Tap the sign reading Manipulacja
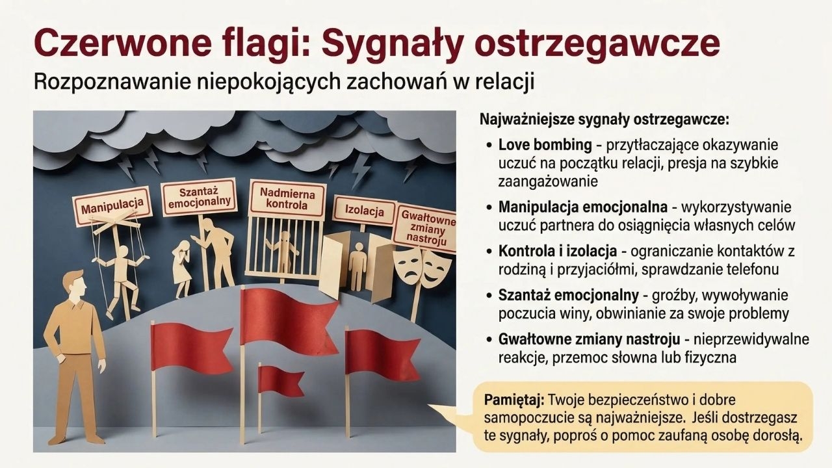tap(112, 207)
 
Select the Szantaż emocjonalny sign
tap(200, 197)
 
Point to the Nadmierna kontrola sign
tap(287, 200)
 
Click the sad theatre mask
tap(408, 266)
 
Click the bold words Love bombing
tap(545, 145)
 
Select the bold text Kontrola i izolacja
tap(558, 252)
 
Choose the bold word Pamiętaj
tap(514, 401)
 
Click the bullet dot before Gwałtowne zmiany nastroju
tap(489, 340)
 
